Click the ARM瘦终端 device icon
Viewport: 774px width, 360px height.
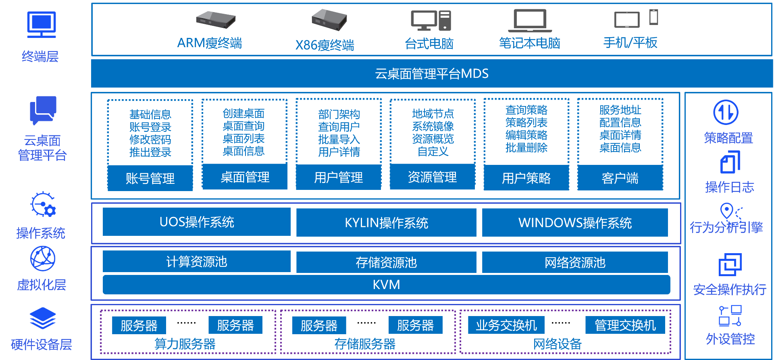click(x=216, y=19)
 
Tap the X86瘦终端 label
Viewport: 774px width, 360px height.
click(x=325, y=45)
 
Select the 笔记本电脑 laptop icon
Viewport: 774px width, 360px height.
click(x=530, y=20)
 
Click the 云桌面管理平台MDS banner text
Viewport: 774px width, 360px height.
click(x=431, y=74)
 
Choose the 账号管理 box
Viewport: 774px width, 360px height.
click(x=150, y=178)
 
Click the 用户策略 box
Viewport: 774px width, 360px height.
click(x=526, y=178)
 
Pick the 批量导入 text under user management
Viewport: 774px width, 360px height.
click(x=339, y=139)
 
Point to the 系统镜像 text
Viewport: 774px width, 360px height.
click(x=433, y=126)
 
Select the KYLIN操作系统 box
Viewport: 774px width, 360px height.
click(x=386, y=223)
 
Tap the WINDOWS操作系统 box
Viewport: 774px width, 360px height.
click(x=574, y=223)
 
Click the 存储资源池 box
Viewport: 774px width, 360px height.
click(x=386, y=262)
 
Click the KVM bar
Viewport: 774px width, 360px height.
click(x=386, y=285)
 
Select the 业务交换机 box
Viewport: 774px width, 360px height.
click(x=506, y=325)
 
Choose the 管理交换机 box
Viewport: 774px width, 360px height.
click(x=625, y=325)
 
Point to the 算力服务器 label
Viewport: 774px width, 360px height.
click(x=185, y=344)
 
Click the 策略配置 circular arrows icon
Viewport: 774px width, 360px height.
click(x=725, y=112)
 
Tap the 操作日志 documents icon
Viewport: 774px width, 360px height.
click(x=730, y=162)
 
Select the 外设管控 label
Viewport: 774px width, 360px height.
click(x=730, y=339)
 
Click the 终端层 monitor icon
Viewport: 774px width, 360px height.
click(x=41, y=24)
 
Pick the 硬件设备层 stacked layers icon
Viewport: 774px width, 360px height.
click(x=42, y=318)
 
